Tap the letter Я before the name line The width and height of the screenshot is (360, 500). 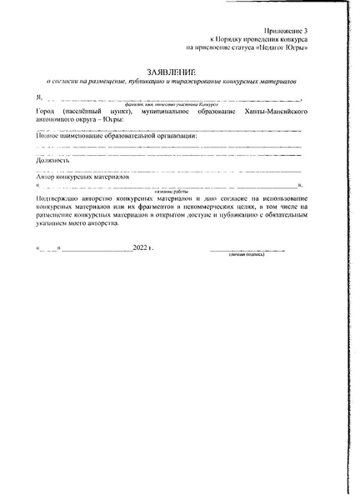pos(39,98)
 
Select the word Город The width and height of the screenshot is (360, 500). pos(47,111)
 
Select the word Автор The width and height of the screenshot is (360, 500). pos(47,177)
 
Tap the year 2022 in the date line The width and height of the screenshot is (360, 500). pos(140,248)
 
